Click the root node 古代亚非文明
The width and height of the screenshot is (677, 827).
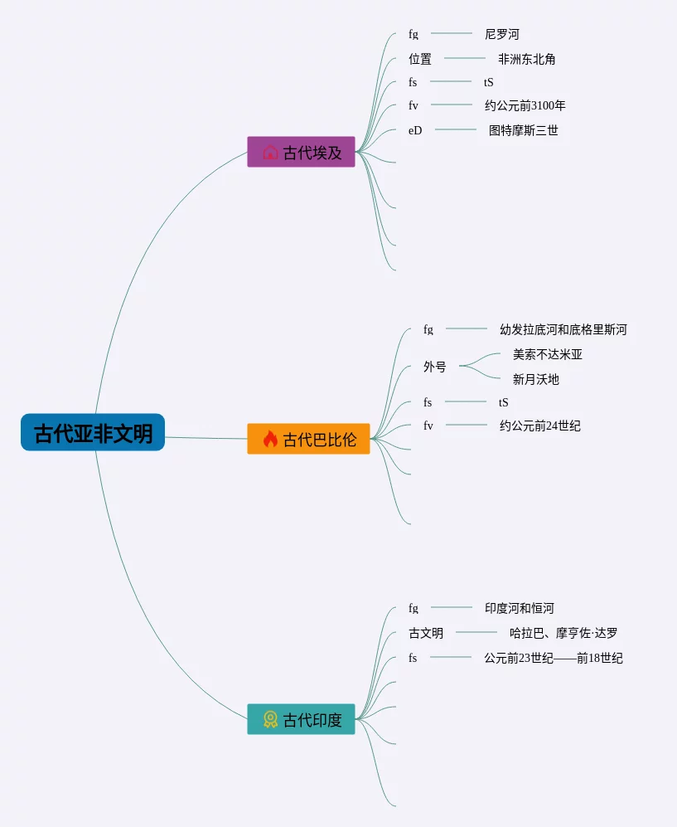93,433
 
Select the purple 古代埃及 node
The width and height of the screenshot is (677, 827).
301,153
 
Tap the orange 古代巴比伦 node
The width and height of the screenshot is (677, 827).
308,439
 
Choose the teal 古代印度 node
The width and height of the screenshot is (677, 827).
301,719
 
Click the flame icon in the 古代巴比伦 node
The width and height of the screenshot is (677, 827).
270,439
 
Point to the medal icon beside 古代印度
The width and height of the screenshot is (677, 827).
270,719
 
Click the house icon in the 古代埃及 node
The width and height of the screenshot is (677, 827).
270,153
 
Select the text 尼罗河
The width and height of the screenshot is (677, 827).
501,35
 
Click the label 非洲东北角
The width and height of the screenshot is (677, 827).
526,60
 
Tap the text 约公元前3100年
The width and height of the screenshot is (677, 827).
525,105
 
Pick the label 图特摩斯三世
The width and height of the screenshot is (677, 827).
523,130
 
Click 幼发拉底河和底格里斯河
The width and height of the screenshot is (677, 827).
563,329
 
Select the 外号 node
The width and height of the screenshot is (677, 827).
434,367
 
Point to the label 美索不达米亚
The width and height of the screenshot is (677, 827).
547,354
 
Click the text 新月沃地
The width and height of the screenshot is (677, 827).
535,379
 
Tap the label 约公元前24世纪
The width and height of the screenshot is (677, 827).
539,426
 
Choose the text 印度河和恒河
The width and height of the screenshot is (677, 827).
519,608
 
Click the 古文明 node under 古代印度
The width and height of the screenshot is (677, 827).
426,633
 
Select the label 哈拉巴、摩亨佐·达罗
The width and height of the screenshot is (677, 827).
563,633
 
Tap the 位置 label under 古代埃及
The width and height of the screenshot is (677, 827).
420,60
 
